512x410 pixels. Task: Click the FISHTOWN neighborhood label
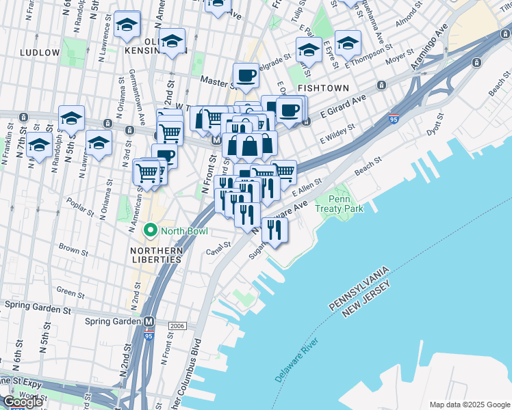pyautogui.click(x=323, y=89)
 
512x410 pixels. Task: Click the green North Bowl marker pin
pyautogui.click(x=151, y=231)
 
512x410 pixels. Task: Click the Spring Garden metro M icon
pyautogui.click(x=149, y=321)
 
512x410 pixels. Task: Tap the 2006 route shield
pyautogui.click(x=177, y=325)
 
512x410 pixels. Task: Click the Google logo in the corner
pyautogui.click(x=23, y=402)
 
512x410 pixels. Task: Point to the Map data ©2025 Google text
pyautogui.click(x=468, y=405)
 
